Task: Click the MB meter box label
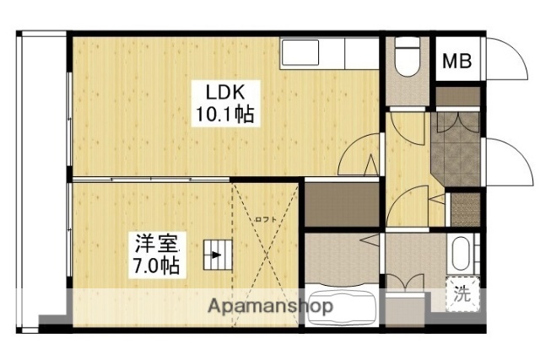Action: pos(457,62)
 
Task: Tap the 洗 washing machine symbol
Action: pos(462,294)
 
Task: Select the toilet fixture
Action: pos(408,59)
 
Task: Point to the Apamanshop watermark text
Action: pos(269,306)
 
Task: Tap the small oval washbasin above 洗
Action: pos(460,255)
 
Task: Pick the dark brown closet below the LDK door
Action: pos(341,204)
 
